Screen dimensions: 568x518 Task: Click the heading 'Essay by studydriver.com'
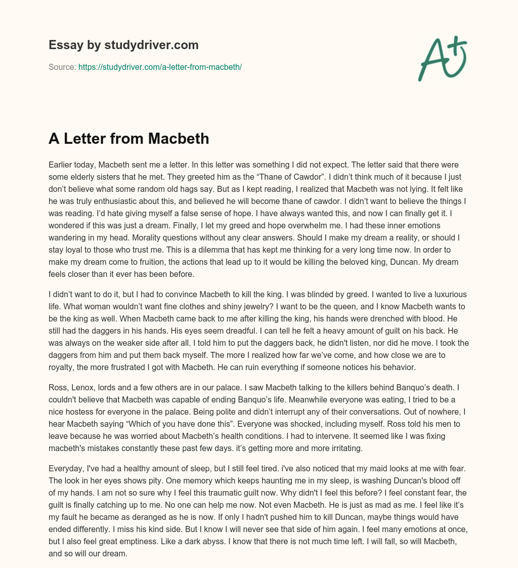[123, 45]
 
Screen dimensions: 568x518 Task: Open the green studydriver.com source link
[160, 67]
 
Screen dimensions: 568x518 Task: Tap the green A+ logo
[442, 58]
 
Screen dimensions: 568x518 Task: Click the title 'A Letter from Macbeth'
[128, 138]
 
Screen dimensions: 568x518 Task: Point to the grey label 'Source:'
[62, 67]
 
